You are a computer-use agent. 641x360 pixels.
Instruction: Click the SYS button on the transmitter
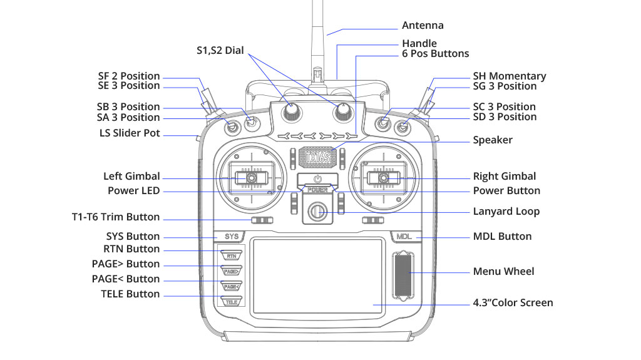pyautogui.click(x=232, y=237)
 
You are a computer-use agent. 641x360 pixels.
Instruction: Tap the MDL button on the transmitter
pyautogui.click(x=404, y=237)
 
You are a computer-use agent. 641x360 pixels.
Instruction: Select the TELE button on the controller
pyautogui.click(x=232, y=301)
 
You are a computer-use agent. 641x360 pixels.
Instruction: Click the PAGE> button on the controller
pyautogui.click(x=231, y=271)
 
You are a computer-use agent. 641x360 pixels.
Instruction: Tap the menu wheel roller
pyautogui.click(x=403, y=274)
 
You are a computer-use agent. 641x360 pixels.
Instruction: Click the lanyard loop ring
pyautogui.click(x=317, y=211)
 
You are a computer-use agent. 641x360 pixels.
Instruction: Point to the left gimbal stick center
pyautogui.click(x=250, y=178)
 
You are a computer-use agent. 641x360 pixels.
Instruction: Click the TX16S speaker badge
pyautogui.click(x=318, y=157)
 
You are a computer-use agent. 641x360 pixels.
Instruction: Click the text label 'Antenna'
pyautogui.click(x=423, y=26)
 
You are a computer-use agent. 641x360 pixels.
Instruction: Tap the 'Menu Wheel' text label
pyautogui.click(x=503, y=271)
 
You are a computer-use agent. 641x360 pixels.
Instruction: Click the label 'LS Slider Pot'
pyautogui.click(x=130, y=133)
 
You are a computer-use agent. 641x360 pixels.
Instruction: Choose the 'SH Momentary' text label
pyautogui.click(x=509, y=76)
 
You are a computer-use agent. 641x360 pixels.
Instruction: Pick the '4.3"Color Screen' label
pyautogui.click(x=513, y=303)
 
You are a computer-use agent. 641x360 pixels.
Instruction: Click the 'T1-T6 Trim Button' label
pyautogui.click(x=116, y=217)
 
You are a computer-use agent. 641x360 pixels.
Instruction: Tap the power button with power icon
pyautogui.click(x=317, y=180)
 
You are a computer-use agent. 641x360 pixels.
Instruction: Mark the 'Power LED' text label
pyautogui.click(x=133, y=190)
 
